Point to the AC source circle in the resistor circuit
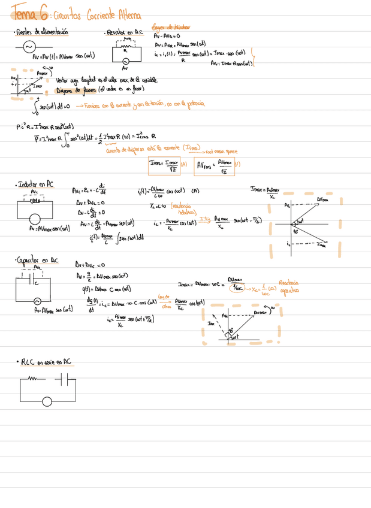pyautogui.click(x=125, y=61)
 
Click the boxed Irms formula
pyautogui.click(x=164, y=165)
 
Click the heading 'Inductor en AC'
pyautogui.click(x=35, y=185)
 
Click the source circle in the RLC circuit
pyautogui.click(x=47, y=401)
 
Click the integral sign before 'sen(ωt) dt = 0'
pyautogui.click(x=37, y=106)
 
